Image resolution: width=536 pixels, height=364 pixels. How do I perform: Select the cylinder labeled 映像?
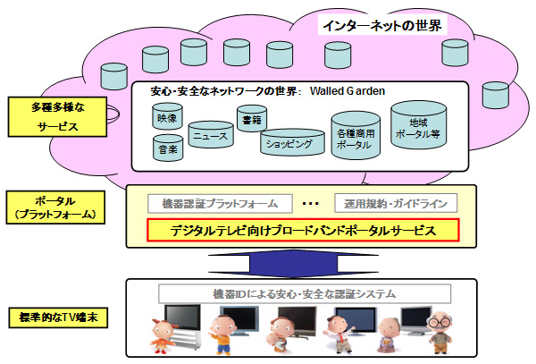point(165,119)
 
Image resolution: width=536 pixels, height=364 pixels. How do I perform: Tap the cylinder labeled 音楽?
point(166,148)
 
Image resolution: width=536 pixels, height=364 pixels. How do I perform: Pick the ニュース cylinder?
point(209,137)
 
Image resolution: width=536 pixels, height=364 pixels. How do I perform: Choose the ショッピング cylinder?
point(289,142)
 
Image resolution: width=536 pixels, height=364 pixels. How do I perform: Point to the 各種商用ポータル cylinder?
point(356,136)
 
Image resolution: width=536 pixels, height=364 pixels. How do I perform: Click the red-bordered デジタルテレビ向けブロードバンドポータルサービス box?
point(303,231)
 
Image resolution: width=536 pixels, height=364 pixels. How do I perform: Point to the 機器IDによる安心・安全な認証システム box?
point(303,292)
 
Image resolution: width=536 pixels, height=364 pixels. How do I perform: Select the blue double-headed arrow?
point(303,262)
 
